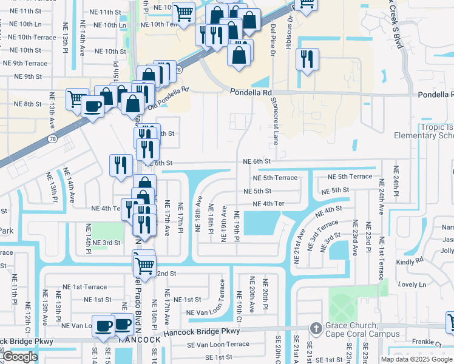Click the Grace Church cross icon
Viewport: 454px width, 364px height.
click(x=316, y=328)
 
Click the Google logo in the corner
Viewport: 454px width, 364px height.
click(x=20, y=357)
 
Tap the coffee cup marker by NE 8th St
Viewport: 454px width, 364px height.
click(x=92, y=107)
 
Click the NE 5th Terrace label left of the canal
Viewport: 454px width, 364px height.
click(x=275, y=178)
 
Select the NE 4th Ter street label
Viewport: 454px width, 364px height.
click(x=268, y=204)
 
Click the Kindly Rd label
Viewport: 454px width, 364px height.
click(x=410, y=260)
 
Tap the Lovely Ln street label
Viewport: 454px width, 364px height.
click(x=413, y=285)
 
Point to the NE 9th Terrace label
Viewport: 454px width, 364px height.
click(x=25, y=63)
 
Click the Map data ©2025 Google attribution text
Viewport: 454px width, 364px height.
click(x=417, y=359)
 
